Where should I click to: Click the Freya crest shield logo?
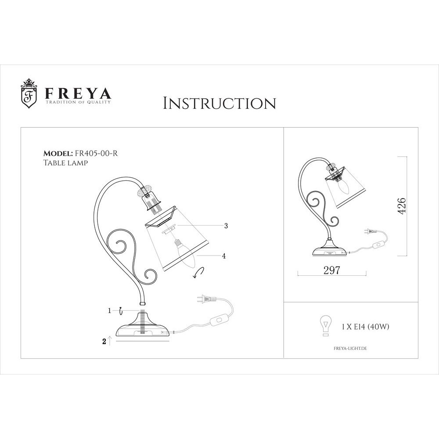point(29,94)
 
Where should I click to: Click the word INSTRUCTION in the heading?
point(219,103)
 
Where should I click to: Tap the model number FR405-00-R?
point(95,153)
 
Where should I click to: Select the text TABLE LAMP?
point(65,163)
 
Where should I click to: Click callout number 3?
point(226,226)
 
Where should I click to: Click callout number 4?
point(224,256)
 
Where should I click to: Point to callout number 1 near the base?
point(110,311)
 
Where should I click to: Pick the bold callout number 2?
point(104,341)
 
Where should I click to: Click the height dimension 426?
point(402,206)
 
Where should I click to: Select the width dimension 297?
point(332,270)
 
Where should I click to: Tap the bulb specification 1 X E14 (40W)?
point(366,327)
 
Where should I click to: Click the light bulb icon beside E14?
point(325,325)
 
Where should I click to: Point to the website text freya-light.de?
point(350,348)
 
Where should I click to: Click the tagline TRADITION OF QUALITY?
point(78,102)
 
